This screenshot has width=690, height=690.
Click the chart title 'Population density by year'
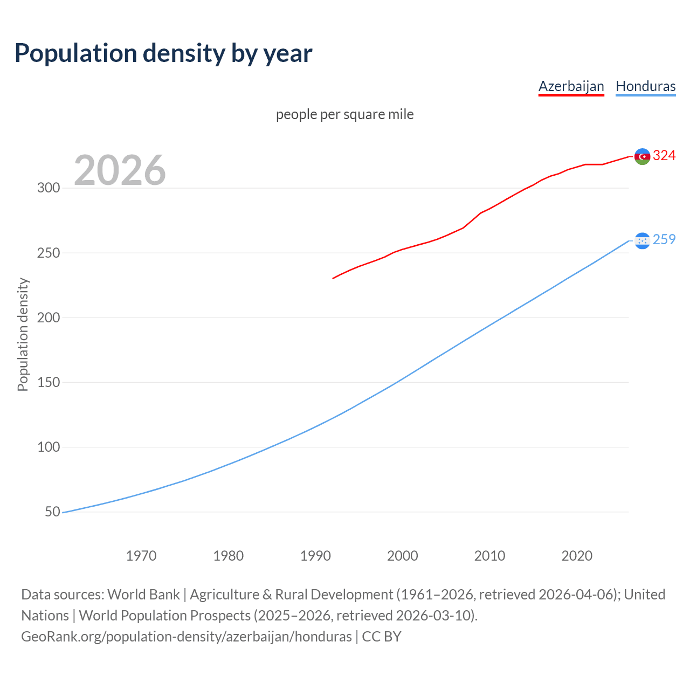coord(163,53)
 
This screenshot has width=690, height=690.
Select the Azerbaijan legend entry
coord(571,86)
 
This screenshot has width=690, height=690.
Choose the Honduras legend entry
coord(645,86)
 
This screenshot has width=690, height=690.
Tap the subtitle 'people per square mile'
coord(344,114)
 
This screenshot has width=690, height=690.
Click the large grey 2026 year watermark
coord(120,170)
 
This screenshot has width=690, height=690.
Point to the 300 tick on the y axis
coord(48,188)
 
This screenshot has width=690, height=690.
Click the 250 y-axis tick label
coord(48,253)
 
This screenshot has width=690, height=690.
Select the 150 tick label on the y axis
coord(48,382)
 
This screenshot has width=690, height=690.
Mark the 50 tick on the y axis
coord(52,512)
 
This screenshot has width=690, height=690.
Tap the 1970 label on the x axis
coord(141,556)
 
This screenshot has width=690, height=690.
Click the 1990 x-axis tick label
coord(315,556)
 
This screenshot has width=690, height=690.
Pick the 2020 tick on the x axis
coord(577,556)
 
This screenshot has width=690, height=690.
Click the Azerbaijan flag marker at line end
coord(642,156)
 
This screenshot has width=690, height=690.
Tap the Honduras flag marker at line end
coord(642,240)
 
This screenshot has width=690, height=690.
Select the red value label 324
coord(664,156)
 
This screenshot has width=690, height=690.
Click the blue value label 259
coord(664,239)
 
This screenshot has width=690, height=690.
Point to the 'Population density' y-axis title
coord(23,334)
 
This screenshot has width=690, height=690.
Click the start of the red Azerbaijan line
coord(334,278)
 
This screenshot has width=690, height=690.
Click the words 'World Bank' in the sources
coord(143,595)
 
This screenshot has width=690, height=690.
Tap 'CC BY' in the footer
coord(382,637)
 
